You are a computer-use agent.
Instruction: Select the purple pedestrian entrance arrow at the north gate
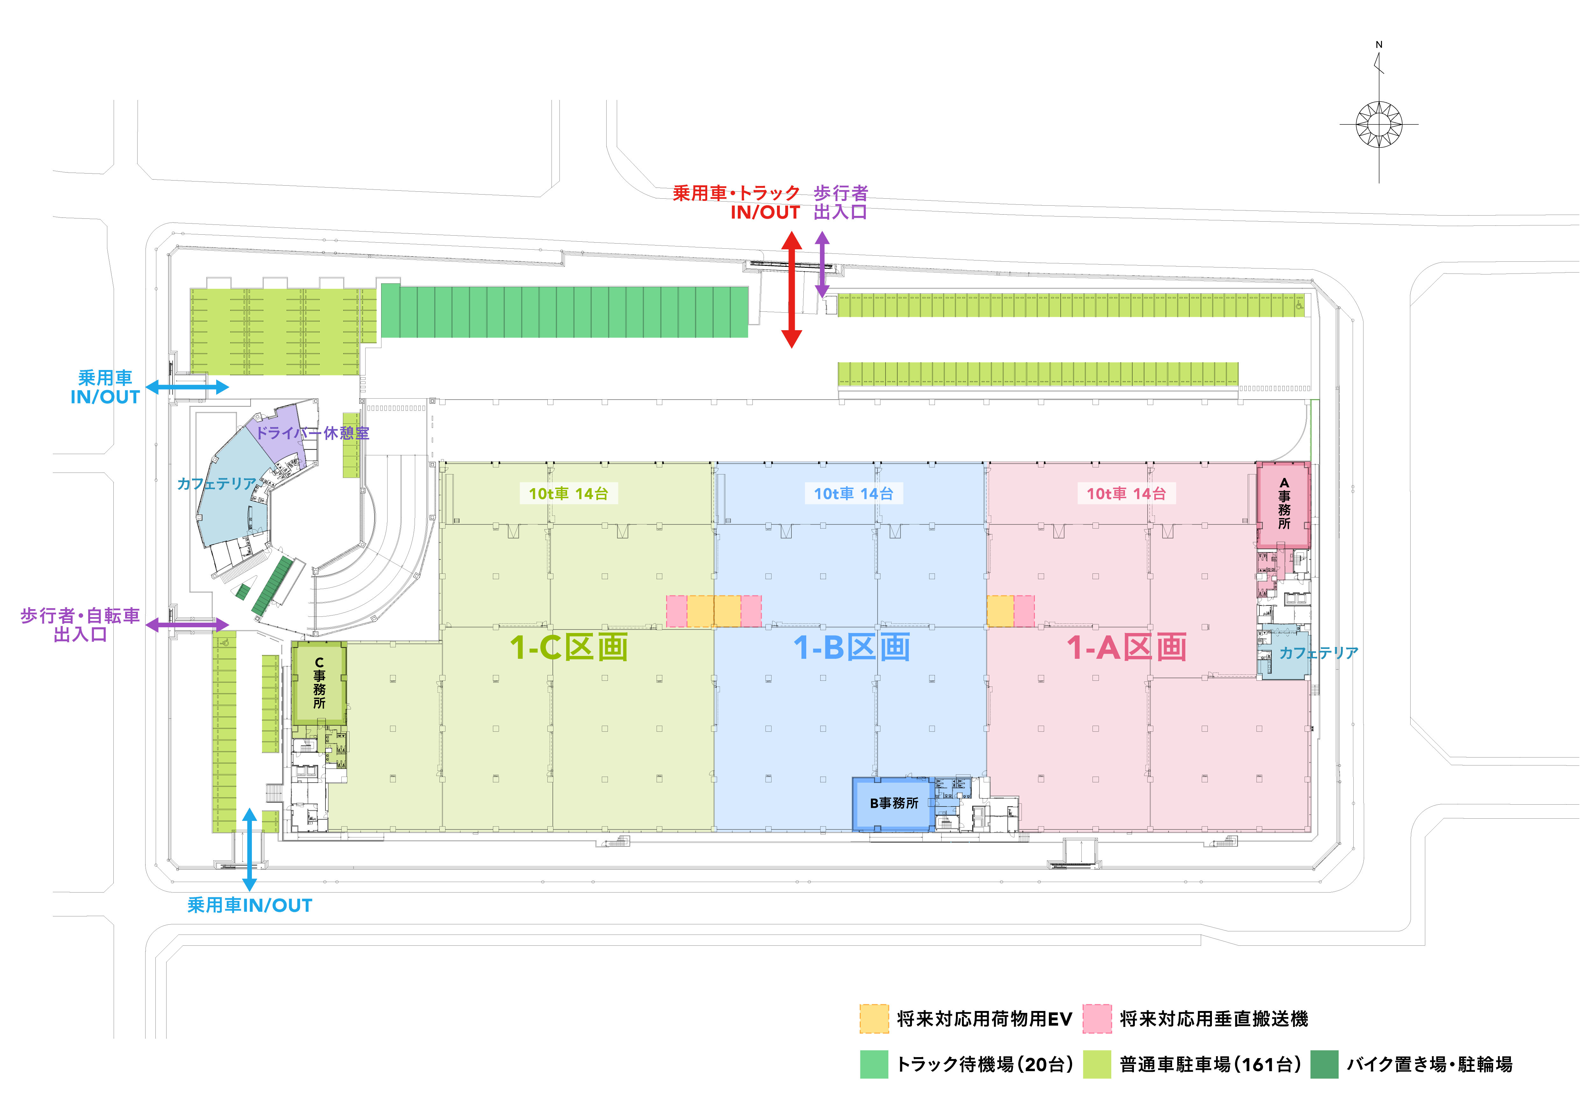pos(822,264)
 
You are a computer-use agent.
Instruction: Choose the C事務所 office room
pos(319,683)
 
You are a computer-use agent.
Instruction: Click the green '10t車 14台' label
pos(568,494)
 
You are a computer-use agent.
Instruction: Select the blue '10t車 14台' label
pos(853,494)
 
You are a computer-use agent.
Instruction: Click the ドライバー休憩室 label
pos(312,433)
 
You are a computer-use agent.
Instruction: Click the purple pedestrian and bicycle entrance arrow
pos(187,625)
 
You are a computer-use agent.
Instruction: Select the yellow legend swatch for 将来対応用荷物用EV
pos(874,1019)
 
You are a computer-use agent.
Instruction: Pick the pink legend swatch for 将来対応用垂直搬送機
pos(1097,1019)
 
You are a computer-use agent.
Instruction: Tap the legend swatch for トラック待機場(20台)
pos(874,1064)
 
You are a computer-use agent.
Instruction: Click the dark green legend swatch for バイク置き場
pos(1324,1064)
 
